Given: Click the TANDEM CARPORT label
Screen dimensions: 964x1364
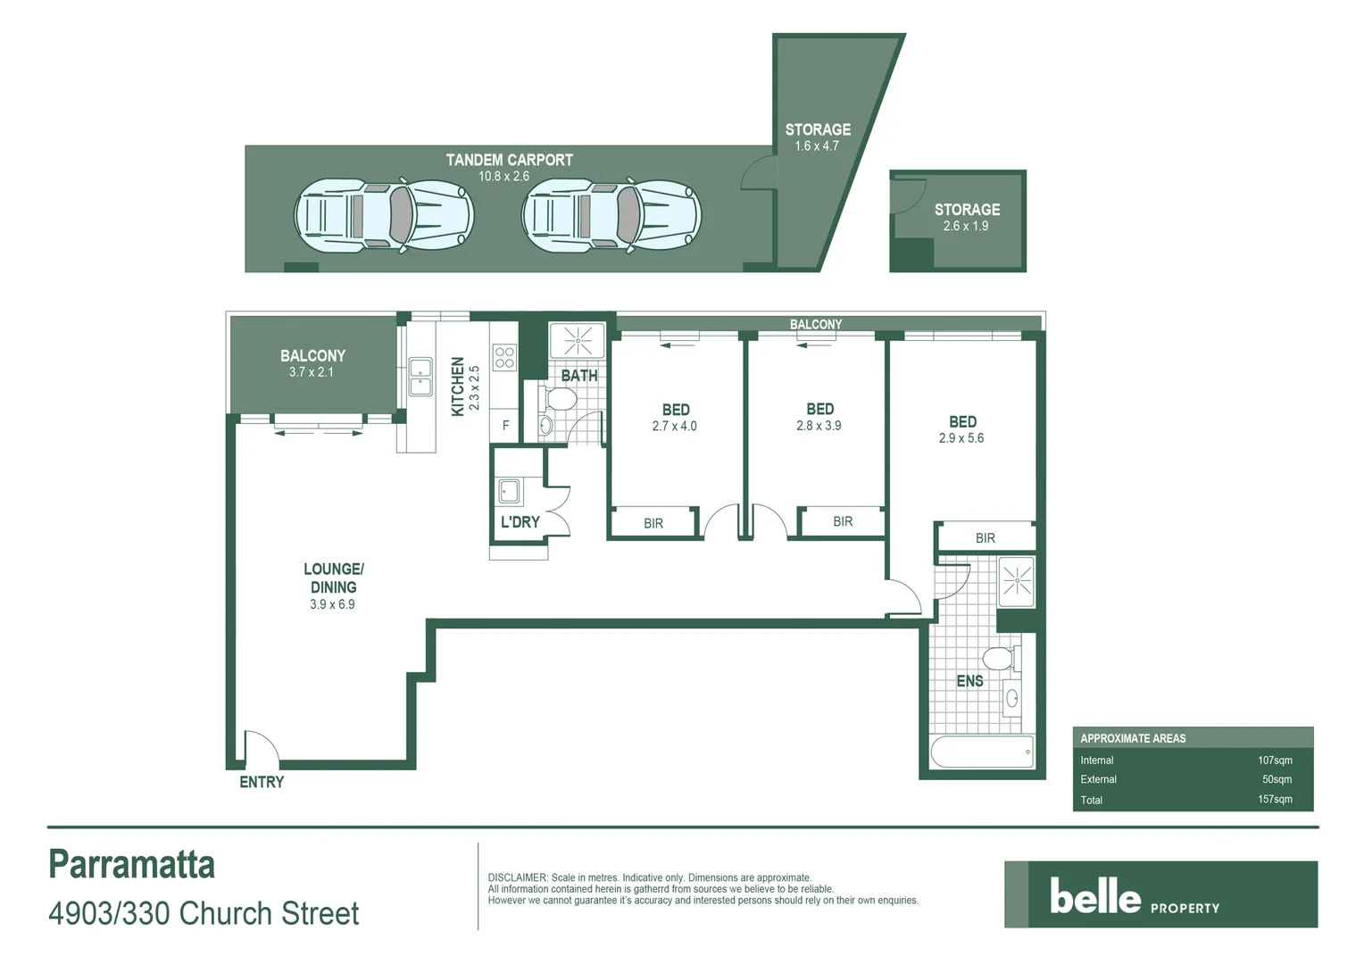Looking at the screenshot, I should pyautogui.click(x=509, y=160).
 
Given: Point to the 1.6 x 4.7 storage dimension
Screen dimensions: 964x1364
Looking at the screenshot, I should pyautogui.click(x=817, y=146).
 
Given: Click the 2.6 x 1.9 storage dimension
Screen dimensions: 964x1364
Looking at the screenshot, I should pyautogui.click(x=966, y=227).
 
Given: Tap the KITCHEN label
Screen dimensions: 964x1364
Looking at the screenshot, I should pyautogui.click(x=458, y=386).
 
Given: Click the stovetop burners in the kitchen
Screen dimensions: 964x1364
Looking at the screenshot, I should pyautogui.click(x=504, y=357).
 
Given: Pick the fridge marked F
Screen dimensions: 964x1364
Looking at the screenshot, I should pyautogui.click(x=505, y=426).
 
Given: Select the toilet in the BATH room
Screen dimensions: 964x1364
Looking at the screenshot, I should pyautogui.click(x=560, y=399).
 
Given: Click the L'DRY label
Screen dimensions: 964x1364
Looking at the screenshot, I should pyautogui.click(x=520, y=522).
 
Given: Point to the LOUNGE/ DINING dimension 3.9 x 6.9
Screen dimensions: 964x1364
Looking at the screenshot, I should pyautogui.click(x=332, y=604).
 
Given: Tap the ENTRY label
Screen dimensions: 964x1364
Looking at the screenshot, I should pyautogui.click(x=262, y=782).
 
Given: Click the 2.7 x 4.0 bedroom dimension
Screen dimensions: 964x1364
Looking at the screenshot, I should pyautogui.click(x=674, y=427).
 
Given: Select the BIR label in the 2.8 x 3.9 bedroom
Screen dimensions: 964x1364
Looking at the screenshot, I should pyautogui.click(x=843, y=521).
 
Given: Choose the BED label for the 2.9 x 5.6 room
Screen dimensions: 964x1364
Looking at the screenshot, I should pyautogui.click(x=962, y=421).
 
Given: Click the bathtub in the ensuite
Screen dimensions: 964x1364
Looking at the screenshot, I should pyautogui.click(x=982, y=752).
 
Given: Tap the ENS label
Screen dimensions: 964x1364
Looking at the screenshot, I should pyautogui.click(x=969, y=681).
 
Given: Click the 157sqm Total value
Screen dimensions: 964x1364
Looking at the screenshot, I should pyautogui.click(x=1275, y=799).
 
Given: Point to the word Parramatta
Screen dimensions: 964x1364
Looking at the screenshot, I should pyautogui.click(x=132, y=864).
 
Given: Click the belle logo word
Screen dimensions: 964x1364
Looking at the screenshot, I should pyautogui.click(x=1094, y=896).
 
